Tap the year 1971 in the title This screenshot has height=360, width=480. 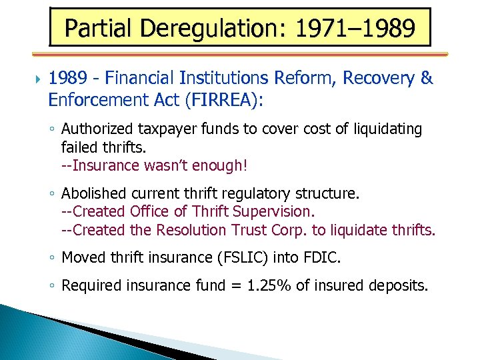coord(315,28)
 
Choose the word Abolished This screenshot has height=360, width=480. coord(93,194)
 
